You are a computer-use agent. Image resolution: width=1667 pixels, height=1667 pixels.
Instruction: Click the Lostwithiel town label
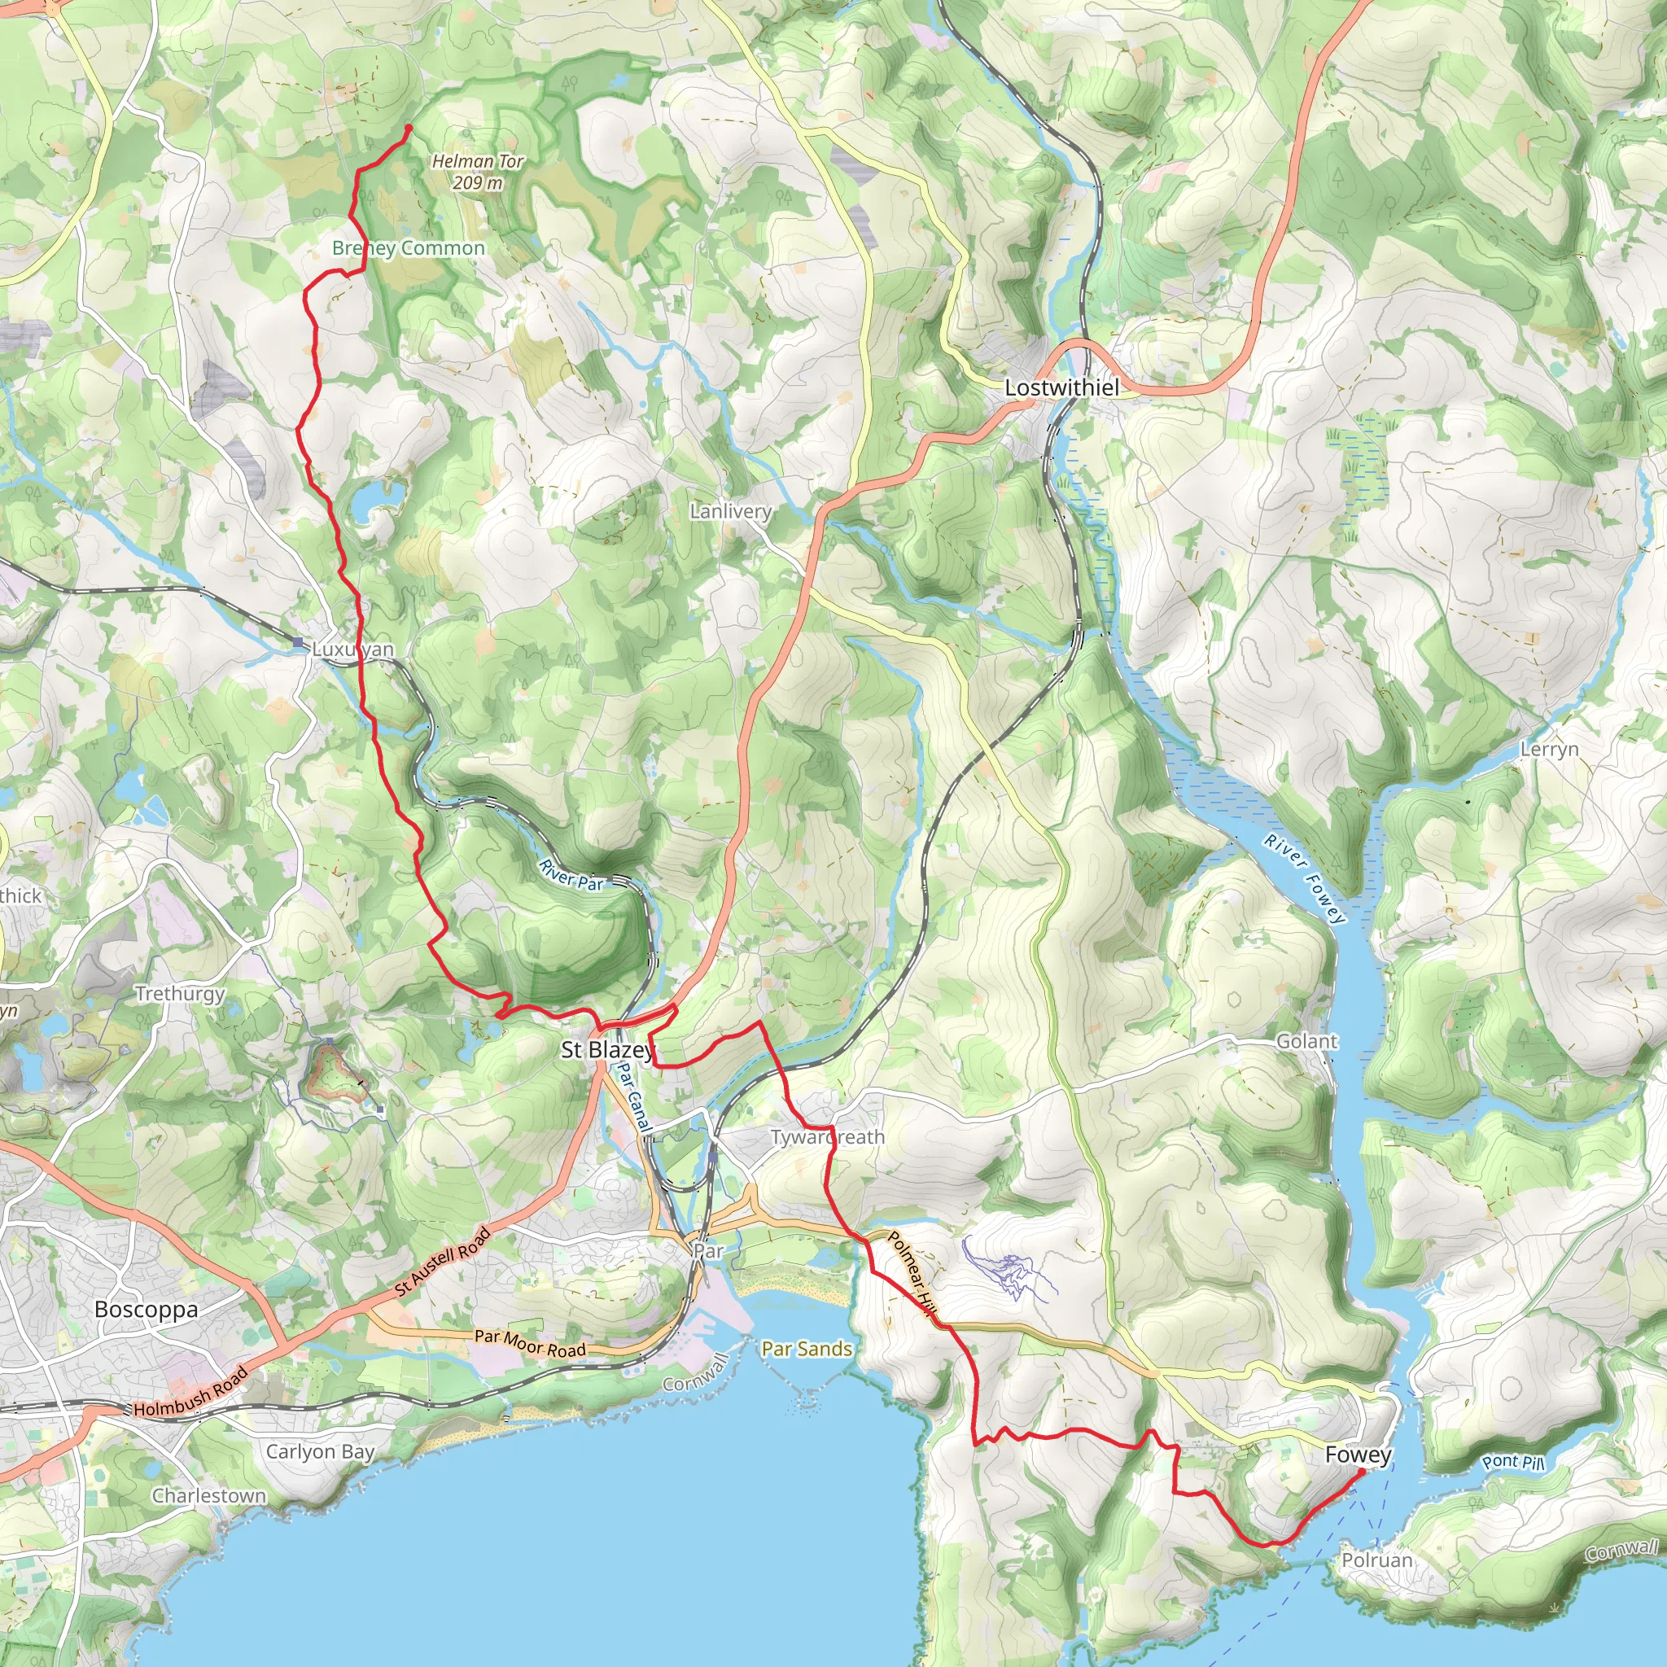pyautogui.click(x=1061, y=388)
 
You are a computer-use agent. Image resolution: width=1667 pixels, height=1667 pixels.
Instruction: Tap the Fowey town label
pyautogui.click(x=1359, y=1455)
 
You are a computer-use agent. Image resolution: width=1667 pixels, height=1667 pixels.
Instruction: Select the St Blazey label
pyautogui.click(x=607, y=1050)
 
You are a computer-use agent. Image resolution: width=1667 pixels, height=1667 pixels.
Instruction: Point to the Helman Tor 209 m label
pyautogui.click(x=477, y=172)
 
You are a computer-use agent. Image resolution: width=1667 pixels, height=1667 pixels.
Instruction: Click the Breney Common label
pyautogui.click(x=408, y=248)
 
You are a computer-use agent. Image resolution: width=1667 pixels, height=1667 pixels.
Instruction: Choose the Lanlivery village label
pyautogui.click(x=730, y=511)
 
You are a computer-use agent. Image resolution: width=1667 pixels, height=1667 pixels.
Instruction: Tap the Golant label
pyautogui.click(x=1306, y=1041)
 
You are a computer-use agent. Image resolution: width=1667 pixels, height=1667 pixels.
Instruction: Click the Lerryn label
pyautogui.click(x=1549, y=750)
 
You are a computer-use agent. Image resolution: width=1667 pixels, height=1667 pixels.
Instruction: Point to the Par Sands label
pyautogui.click(x=806, y=1349)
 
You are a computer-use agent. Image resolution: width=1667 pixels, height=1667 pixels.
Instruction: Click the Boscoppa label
pyautogui.click(x=146, y=1310)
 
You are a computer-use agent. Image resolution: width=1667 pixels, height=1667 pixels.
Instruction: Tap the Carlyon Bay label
pyautogui.click(x=319, y=1451)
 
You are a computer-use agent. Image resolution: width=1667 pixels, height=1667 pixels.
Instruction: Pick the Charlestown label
pyautogui.click(x=209, y=1495)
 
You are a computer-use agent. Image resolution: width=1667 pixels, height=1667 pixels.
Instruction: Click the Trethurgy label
pyautogui.click(x=179, y=993)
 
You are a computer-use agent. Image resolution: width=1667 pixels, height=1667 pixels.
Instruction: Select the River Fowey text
pyautogui.click(x=1305, y=878)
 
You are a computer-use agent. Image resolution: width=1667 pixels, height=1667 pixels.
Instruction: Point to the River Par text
pyautogui.click(x=571, y=875)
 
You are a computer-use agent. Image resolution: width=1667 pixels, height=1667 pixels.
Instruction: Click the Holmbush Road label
pyautogui.click(x=190, y=1392)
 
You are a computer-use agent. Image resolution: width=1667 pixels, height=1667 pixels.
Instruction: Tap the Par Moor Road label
pyautogui.click(x=530, y=1342)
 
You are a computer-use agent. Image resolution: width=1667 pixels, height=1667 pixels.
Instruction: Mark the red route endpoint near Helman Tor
pyautogui.click(x=407, y=129)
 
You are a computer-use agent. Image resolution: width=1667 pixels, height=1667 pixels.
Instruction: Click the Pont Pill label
pyautogui.click(x=1512, y=1462)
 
